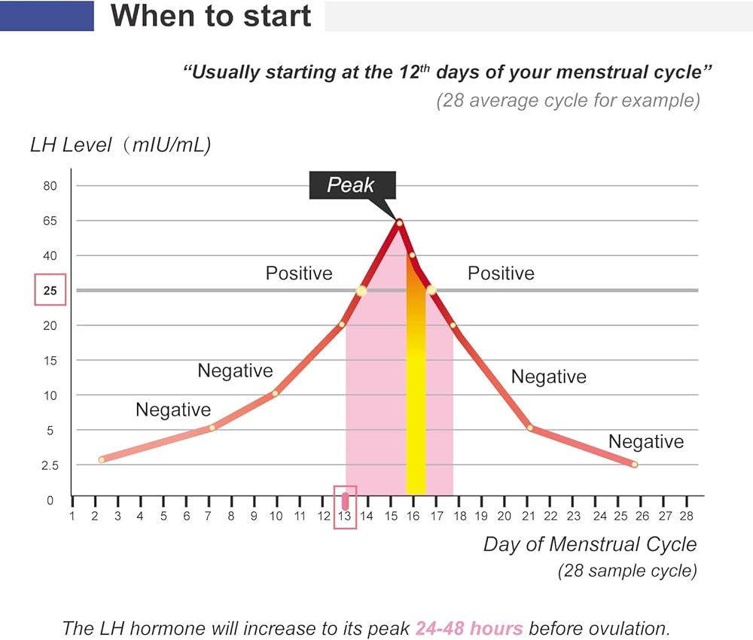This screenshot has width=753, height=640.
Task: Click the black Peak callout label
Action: (351, 184)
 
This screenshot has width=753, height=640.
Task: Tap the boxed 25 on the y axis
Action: (50, 291)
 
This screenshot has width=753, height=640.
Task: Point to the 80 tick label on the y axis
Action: (50, 186)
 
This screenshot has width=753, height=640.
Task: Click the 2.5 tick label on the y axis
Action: (50, 465)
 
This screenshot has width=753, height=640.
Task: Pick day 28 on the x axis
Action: (686, 516)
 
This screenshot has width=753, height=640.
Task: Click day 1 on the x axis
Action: (72, 516)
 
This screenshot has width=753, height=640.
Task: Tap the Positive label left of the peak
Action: (299, 273)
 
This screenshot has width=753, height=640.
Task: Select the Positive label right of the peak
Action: (501, 273)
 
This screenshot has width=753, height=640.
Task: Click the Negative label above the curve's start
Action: (173, 410)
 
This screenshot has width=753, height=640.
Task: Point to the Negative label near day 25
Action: (646, 441)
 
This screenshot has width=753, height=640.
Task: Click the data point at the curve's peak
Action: (399, 222)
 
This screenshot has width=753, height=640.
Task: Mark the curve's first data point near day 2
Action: (102, 459)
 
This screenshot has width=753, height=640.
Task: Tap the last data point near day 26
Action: (634, 465)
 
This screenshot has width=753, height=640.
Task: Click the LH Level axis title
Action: (120, 145)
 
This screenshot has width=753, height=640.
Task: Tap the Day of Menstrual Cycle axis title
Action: (590, 544)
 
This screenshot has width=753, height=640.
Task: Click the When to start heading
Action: (211, 16)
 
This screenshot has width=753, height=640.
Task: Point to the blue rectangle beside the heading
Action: (47, 15)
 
